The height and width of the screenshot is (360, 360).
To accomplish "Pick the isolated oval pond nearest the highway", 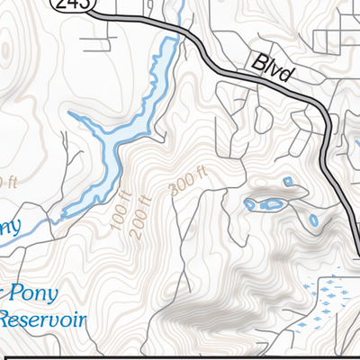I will pos(313,220).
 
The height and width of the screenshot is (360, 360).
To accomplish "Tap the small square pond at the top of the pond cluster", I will pos(288,182).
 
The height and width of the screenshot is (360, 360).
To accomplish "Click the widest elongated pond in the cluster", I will pos(269,204).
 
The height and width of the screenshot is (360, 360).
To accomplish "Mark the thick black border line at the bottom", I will pos(180,356).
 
